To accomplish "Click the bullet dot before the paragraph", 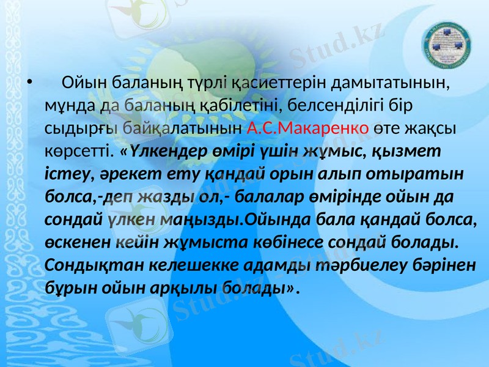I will click(28, 84).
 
